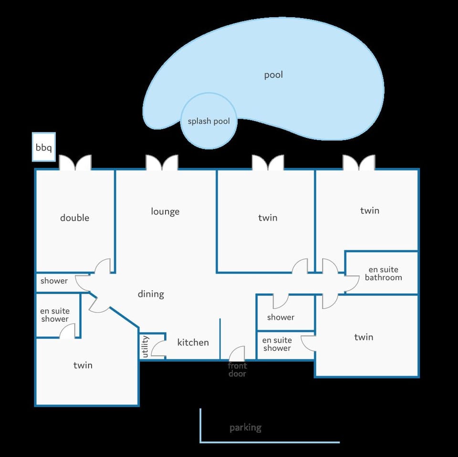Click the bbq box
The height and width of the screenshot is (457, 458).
(x=44, y=147)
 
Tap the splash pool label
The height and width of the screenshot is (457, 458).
(x=208, y=121)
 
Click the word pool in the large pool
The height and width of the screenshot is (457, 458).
(x=273, y=75)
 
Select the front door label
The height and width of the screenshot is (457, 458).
(x=237, y=370)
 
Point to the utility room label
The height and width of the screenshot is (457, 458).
(x=145, y=346)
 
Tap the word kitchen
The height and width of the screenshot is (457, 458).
(x=193, y=342)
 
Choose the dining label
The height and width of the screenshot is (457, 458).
(x=151, y=294)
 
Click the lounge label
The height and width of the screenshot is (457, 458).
(x=165, y=212)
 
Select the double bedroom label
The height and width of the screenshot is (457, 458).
(x=74, y=218)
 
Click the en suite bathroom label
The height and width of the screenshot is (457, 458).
(x=383, y=274)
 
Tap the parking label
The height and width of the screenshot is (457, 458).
(x=245, y=428)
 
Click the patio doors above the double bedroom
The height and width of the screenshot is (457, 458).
(x=75, y=162)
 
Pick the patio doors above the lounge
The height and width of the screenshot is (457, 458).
(x=162, y=162)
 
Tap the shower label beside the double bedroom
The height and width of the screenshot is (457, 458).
(x=54, y=281)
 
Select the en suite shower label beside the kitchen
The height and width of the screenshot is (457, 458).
(x=277, y=344)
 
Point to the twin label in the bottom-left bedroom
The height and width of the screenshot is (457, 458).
(x=83, y=366)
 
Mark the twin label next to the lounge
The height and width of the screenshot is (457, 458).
(x=268, y=218)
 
